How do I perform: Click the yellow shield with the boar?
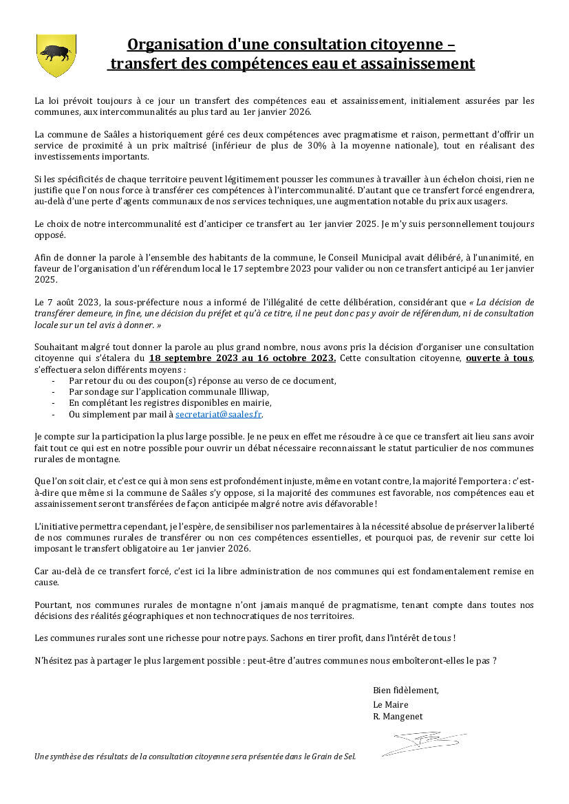(56, 54)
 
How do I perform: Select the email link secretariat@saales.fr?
(219, 415)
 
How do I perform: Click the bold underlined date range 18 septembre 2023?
(195, 358)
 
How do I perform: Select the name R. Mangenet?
(398, 717)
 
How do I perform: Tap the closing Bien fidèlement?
(405, 690)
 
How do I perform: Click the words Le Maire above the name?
(390, 704)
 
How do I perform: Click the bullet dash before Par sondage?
(54, 391)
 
